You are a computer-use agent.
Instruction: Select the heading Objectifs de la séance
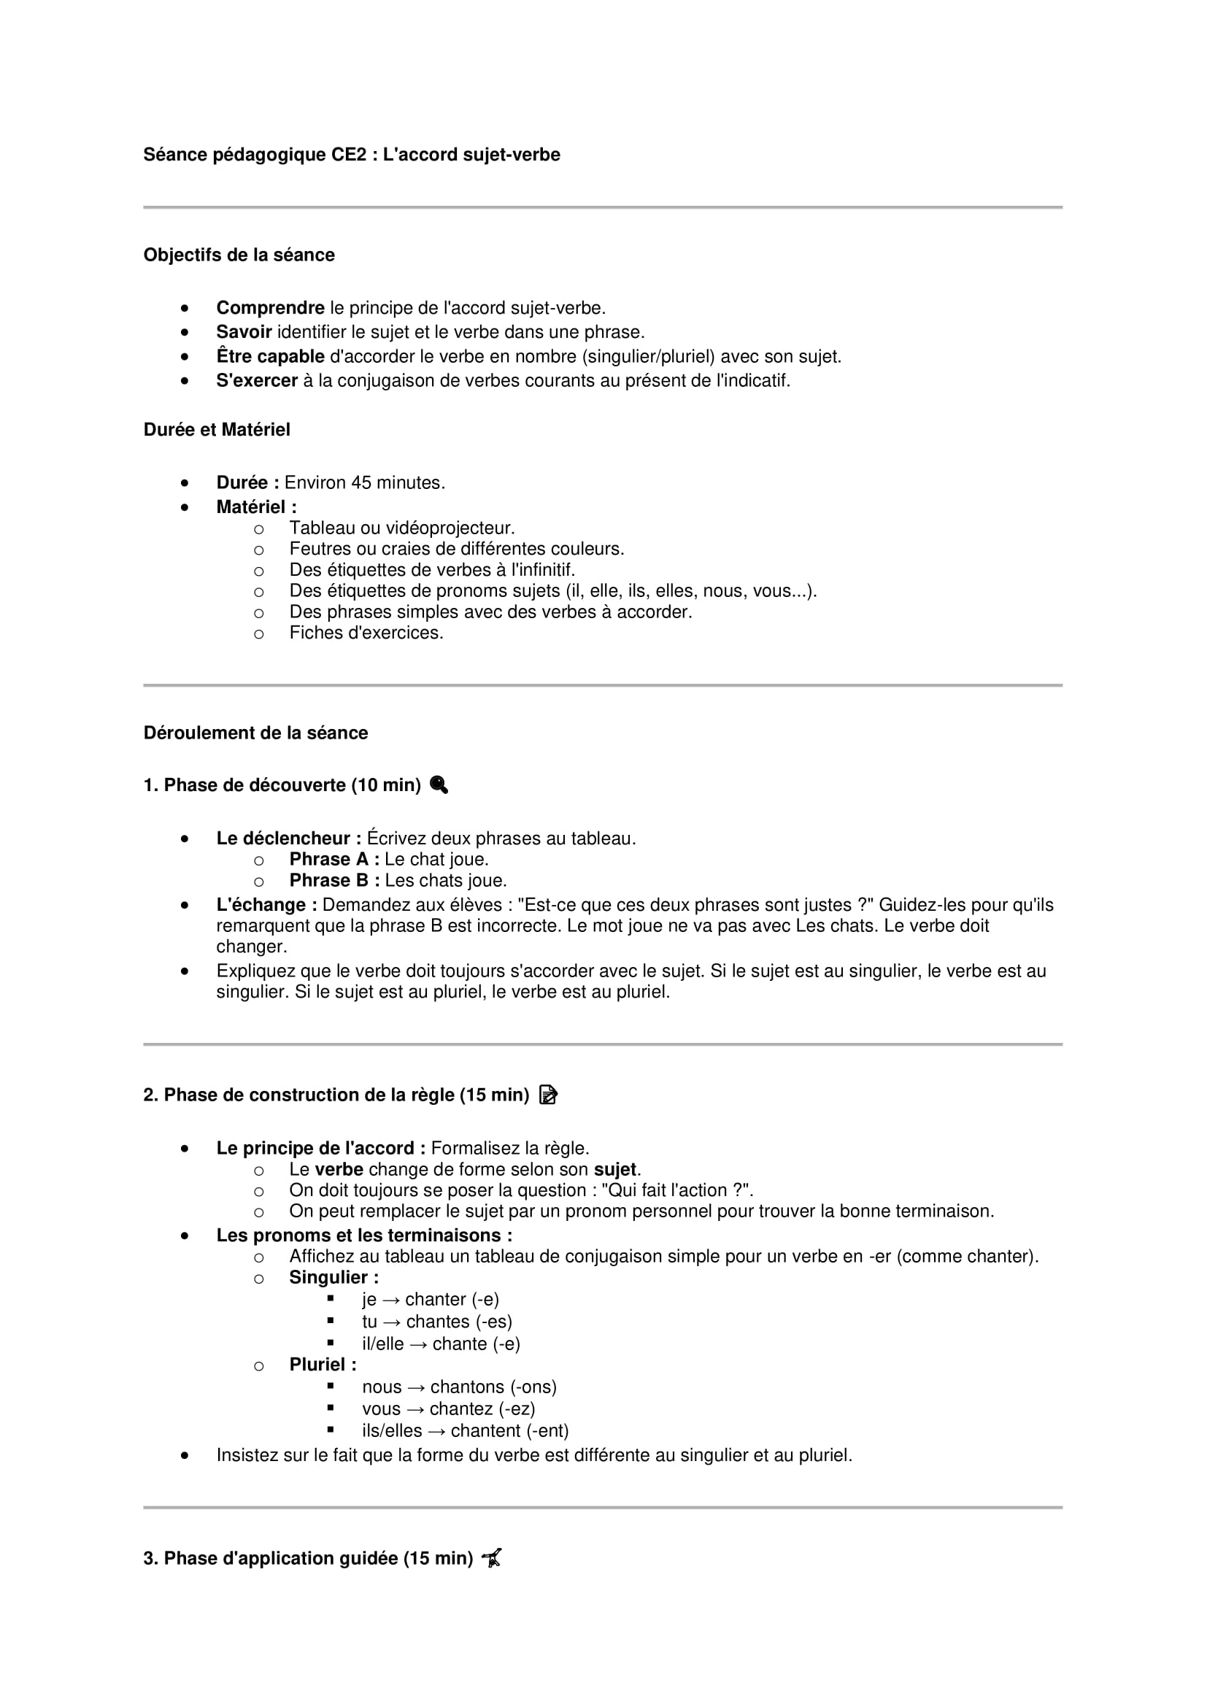pyautogui.click(x=239, y=255)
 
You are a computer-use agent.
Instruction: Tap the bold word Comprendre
pyautogui.click(x=270, y=308)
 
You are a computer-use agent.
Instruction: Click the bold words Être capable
pyautogui.click(x=270, y=356)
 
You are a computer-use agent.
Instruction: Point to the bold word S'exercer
pyautogui.click(x=256, y=381)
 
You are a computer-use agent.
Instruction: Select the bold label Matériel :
pyautogui.click(x=255, y=507)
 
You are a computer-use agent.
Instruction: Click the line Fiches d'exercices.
pyautogui.click(x=366, y=633)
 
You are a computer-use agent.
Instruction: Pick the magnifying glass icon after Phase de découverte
pyautogui.click(x=439, y=785)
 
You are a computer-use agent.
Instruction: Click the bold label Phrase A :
pyautogui.click(x=333, y=860)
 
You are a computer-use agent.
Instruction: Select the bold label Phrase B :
pyautogui.click(x=333, y=880)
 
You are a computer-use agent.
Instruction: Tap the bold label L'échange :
pyautogui.click(x=266, y=905)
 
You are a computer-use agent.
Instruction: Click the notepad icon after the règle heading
pyautogui.click(x=548, y=1095)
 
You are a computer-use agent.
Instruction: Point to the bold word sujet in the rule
pyautogui.click(x=614, y=1169)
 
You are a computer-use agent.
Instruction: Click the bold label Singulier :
pyautogui.click(x=333, y=1277)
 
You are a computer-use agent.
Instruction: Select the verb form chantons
pyautogui.click(x=467, y=1387)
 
